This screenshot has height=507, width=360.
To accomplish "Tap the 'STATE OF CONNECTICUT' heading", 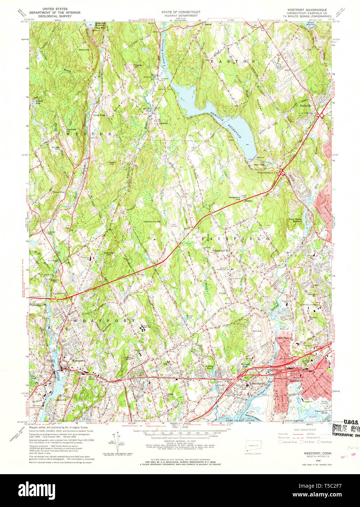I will pyautogui.click(x=181, y=12).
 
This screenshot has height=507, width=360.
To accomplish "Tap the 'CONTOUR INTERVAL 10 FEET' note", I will pyautogui.click(x=180, y=441).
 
